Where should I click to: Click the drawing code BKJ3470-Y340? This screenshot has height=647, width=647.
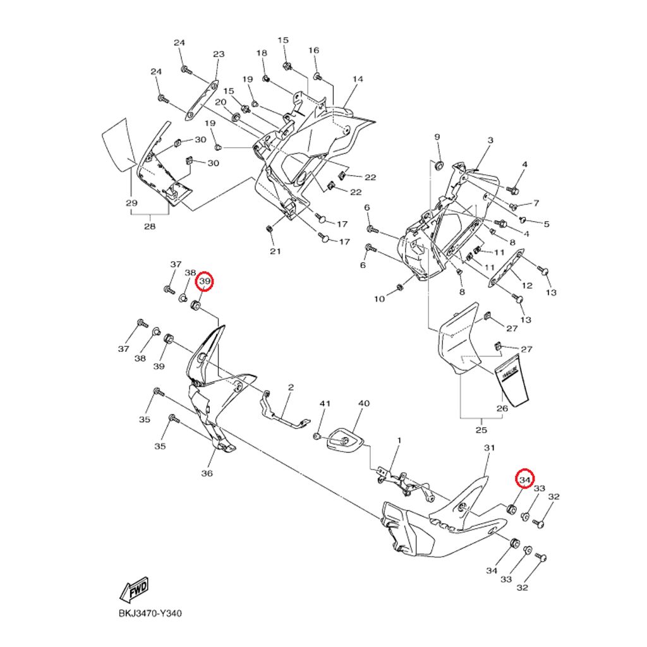coord(150,613)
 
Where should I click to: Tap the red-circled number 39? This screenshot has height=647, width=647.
coord(205,281)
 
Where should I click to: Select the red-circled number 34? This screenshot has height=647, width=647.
coord(524,480)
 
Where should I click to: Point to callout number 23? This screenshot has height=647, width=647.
coord(219,54)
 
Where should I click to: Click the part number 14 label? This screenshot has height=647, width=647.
coord(358,80)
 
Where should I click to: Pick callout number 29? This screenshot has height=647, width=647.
coord(131,203)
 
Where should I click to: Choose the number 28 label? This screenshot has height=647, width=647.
coord(150,226)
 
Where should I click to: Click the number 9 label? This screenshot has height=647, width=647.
coord(437,137)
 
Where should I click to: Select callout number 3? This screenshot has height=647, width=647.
coord(490,140)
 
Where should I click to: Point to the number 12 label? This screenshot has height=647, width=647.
coord(528,286)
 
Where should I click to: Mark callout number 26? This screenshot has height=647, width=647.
coord(502,408)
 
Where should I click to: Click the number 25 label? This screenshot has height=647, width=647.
coord(481,430)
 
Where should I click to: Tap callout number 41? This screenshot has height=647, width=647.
coord(325,403)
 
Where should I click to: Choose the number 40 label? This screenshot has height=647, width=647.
coord(363,403)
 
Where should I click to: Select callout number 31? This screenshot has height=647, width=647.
coord(488,448)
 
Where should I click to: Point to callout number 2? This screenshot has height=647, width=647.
coord(291,387)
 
